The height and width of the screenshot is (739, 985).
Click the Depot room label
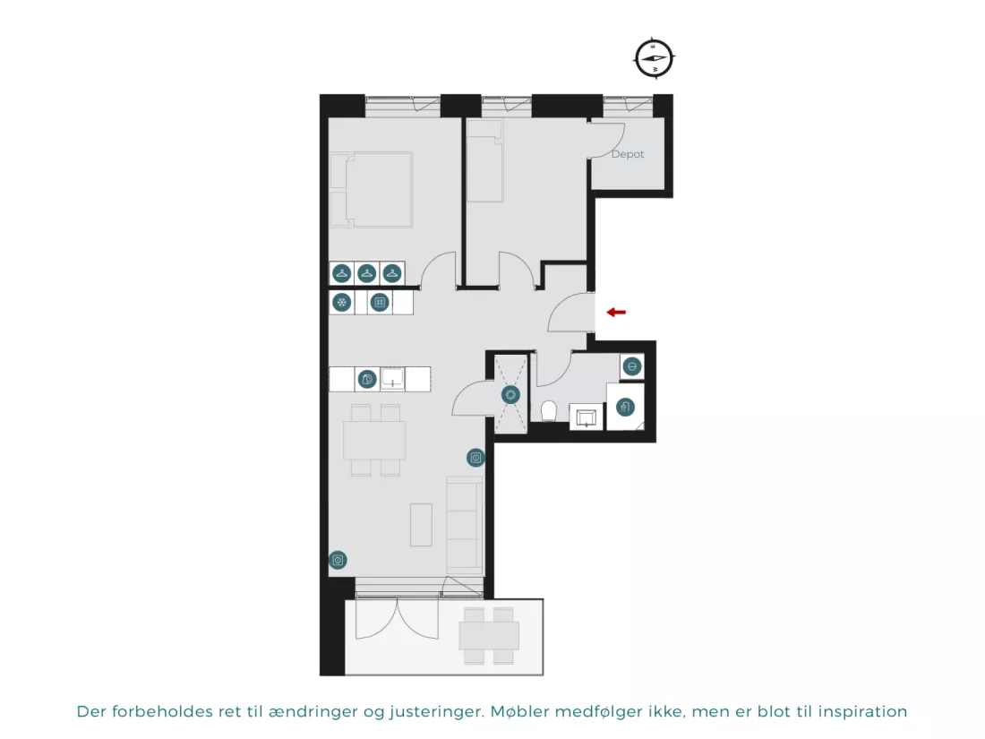628,154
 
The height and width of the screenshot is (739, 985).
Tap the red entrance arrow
616,313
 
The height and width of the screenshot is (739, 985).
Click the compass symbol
654,58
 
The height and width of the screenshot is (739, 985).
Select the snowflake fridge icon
342,303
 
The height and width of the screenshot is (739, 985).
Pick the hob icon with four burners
380,303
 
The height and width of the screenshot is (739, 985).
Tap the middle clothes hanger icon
367,273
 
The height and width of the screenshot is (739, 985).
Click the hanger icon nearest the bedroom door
392,273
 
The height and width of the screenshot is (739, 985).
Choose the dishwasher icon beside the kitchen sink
367,380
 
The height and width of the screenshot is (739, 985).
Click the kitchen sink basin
392,378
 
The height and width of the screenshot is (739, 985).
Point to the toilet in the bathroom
549,412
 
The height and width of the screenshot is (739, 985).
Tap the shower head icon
624,408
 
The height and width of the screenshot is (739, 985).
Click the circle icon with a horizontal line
632,366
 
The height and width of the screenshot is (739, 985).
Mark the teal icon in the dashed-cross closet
510,395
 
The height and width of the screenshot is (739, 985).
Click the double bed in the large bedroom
372,189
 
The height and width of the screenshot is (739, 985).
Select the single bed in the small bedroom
485,161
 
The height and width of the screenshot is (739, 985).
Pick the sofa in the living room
464,524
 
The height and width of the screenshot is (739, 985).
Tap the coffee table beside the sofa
422,525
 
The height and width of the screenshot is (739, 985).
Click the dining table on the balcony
489,635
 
